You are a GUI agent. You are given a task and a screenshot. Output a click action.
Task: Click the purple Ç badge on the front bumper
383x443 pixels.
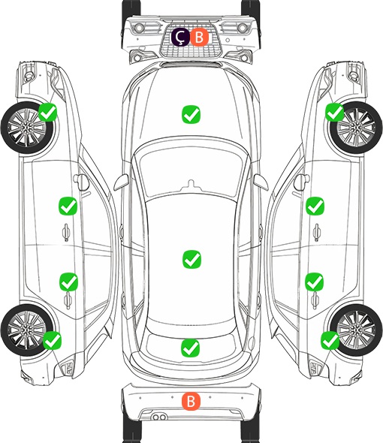[x=180, y=37]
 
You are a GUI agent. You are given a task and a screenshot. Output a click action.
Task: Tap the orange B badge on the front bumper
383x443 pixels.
[x=199, y=37]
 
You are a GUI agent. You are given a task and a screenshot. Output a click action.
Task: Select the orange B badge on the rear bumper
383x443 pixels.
[x=191, y=401]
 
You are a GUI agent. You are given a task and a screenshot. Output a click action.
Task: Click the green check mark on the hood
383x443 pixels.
[x=191, y=114]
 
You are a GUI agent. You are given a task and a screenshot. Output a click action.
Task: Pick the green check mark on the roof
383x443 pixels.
[x=191, y=259]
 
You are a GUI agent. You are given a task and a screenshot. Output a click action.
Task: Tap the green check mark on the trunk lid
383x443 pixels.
[x=190, y=348]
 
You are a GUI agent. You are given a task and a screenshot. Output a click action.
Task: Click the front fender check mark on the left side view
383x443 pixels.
[x=48, y=113]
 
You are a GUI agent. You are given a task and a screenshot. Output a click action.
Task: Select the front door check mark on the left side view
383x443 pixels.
[x=68, y=206]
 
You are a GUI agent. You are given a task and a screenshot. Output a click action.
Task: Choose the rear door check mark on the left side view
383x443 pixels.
[x=68, y=282]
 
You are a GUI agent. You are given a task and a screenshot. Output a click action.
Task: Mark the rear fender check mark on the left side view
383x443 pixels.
[x=53, y=340]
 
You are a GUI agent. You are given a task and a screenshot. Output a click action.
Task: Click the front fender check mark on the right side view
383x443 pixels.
[x=335, y=113]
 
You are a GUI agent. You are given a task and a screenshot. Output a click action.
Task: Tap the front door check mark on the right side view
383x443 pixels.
[x=315, y=206]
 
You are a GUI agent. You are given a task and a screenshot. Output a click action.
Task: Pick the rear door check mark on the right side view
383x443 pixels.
[x=315, y=282]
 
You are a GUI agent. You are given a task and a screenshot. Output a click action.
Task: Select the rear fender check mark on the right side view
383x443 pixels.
[x=330, y=340]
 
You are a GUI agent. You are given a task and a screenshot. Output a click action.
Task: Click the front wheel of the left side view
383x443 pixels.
[x=27, y=128]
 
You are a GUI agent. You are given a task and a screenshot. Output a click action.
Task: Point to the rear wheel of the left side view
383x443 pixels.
[x=27, y=330]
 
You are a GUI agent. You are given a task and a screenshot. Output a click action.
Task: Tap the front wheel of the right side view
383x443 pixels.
[x=356, y=128]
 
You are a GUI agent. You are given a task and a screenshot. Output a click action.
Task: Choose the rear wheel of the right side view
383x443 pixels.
[x=356, y=330]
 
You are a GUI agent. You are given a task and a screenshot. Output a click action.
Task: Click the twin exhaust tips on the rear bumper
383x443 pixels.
[x=159, y=417]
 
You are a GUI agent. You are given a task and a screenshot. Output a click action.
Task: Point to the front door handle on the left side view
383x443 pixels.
[x=66, y=233]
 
